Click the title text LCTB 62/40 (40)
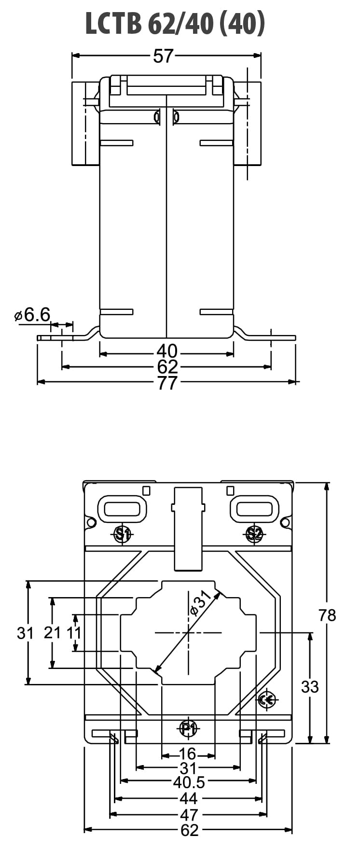tap(175, 23)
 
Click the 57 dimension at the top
tap(163, 56)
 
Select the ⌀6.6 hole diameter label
tap(32, 315)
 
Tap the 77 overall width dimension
tap(167, 383)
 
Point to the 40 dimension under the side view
tap(167, 351)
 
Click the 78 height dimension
tap(327, 615)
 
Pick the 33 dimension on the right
tap(310, 686)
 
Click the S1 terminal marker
tap(122, 534)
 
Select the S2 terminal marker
tap(254, 534)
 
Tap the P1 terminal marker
tap(188, 728)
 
